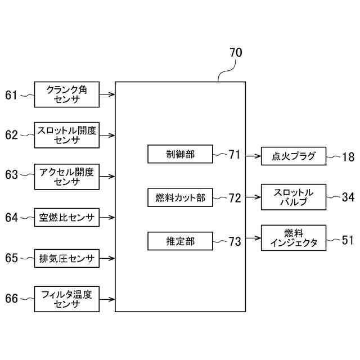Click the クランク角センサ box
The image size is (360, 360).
click(x=67, y=94)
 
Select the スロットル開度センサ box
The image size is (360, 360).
click(x=67, y=135)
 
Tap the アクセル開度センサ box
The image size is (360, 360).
click(x=67, y=175)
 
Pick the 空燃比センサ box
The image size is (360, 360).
click(x=67, y=217)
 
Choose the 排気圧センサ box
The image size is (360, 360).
click(x=67, y=259)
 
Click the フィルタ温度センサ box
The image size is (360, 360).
click(x=67, y=299)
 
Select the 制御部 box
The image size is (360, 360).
click(x=181, y=154)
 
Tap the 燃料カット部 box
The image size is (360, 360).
click(x=181, y=198)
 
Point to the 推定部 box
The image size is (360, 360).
click(x=181, y=241)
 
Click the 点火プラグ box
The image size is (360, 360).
click(x=294, y=156)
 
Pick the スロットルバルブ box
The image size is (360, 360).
click(x=294, y=197)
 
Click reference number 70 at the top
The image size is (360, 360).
click(x=236, y=53)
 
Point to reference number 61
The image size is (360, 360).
click(x=12, y=95)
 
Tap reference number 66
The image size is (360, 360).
click(x=12, y=299)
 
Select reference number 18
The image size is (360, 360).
click(x=348, y=156)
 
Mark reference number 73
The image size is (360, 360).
click(x=235, y=241)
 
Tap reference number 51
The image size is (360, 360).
click(x=348, y=240)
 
